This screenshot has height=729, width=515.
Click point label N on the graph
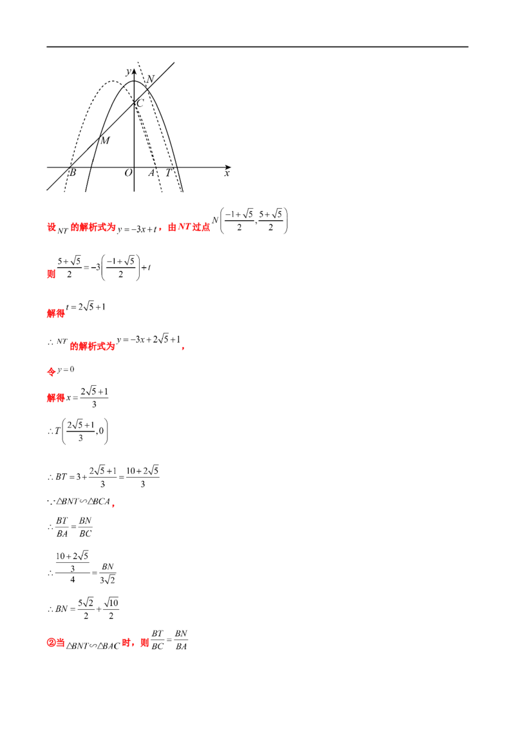[150, 79]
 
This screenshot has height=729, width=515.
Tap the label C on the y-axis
[140, 103]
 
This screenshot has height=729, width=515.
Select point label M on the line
[106, 140]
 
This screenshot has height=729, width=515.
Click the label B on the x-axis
[73, 173]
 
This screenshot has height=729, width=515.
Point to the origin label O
[128, 173]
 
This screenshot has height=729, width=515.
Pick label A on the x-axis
[151, 173]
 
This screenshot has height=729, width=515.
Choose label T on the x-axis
[168, 173]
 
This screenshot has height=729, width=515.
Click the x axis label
[227, 173]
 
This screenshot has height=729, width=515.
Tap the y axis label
[128, 71]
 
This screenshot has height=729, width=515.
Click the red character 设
[51, 227]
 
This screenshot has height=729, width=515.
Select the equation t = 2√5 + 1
[86, 307]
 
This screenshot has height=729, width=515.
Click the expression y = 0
[66, 370]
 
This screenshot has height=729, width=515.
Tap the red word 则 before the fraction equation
[51, 274]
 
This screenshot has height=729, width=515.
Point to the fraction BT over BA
[62, 527]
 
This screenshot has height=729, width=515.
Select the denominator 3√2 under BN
[108, 580]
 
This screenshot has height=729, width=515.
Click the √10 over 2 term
[111, 609]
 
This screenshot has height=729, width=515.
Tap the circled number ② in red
[51, 643]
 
